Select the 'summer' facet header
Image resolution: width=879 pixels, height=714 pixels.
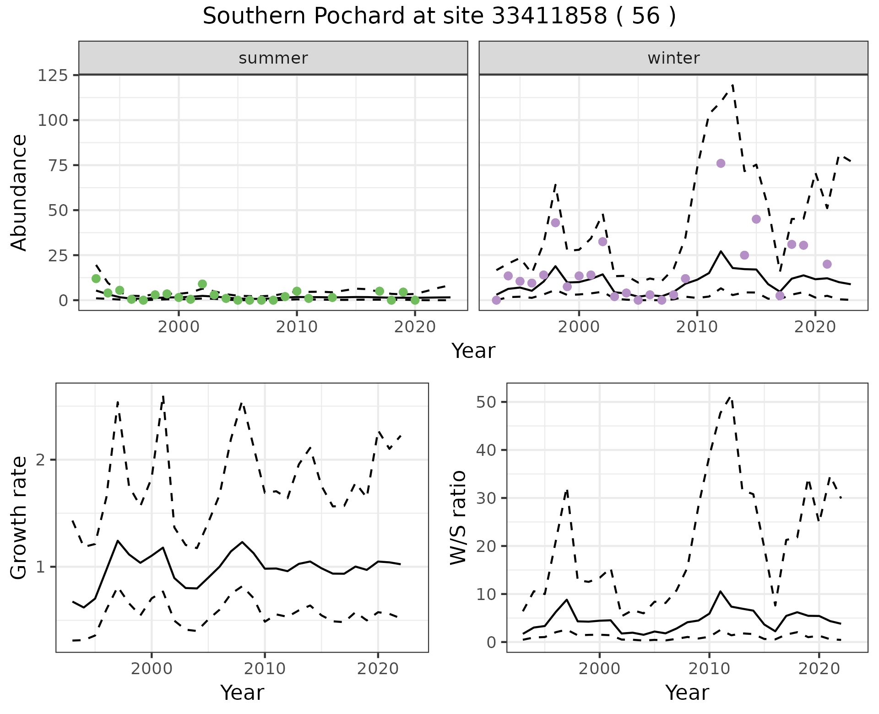[273, 58]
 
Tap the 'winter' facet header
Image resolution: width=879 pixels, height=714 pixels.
[673, 58]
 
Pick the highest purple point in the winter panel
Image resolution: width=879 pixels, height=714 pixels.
[721, 163]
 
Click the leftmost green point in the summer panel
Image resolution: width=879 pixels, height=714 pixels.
[96, 278]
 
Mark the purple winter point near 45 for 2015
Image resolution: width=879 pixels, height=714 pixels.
[756, 219]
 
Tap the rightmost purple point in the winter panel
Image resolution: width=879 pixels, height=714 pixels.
[827, 264]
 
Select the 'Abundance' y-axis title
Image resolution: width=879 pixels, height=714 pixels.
[19, 193]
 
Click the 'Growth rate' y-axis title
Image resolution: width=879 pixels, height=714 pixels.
[19, 518]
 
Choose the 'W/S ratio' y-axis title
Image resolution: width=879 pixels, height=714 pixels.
[458, 518]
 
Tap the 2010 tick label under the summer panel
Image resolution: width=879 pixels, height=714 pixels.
[297, 327]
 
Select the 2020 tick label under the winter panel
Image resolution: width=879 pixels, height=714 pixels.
[815, 327]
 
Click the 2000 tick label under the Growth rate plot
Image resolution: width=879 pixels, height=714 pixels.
[152, 669]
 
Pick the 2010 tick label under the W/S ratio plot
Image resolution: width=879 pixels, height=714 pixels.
[709, 669]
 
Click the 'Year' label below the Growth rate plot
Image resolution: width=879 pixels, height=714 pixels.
[242, 692]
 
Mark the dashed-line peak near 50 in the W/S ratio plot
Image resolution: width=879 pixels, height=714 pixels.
[731, 397]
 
